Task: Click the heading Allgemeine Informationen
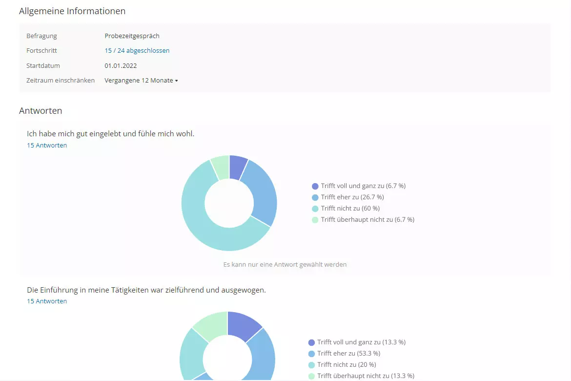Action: point(72,11)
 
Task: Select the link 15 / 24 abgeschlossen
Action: point(137,50)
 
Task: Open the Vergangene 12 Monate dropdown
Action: point(141,80)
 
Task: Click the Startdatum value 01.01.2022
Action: point(121,65)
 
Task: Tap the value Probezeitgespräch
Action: point(132,36)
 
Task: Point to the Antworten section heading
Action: point(41,111)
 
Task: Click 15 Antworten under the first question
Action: point(47,145)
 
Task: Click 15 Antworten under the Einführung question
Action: point(47,301)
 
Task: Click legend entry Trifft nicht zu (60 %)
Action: point(350,209)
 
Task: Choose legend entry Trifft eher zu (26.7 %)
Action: point(352,197)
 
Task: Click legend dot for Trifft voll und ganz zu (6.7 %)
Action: point(315,186)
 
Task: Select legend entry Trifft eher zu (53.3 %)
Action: point(348,353)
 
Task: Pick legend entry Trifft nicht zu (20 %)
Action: point(346,364)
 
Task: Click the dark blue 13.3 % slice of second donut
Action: point(243,325)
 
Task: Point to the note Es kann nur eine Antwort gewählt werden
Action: point(285,264)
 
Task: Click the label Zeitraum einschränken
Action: point(61,80)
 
